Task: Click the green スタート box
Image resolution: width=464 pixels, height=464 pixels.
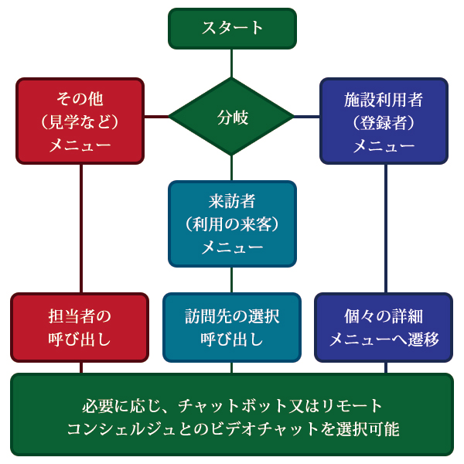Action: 232,28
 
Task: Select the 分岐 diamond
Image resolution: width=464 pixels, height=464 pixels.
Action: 232,117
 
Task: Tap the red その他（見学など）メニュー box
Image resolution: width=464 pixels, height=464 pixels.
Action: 80,121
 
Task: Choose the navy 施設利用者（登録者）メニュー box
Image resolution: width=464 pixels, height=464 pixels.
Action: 384,121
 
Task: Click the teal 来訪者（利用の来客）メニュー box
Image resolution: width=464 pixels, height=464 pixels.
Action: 232,223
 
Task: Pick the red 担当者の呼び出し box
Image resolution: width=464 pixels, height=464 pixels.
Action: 80,327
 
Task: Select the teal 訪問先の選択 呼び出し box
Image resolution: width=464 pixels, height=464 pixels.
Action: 232,327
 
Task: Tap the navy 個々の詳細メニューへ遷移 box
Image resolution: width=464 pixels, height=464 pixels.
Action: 384,327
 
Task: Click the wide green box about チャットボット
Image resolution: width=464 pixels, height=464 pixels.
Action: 232,416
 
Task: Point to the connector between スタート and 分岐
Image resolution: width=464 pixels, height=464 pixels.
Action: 232,63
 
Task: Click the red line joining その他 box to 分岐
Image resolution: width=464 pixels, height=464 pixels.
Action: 157,117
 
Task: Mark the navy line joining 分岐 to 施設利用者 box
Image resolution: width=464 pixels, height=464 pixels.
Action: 307,117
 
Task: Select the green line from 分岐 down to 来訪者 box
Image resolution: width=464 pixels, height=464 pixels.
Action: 232,168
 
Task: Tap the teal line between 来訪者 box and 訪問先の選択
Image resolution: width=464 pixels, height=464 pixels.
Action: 232,279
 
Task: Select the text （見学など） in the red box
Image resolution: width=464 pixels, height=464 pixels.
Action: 80,122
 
